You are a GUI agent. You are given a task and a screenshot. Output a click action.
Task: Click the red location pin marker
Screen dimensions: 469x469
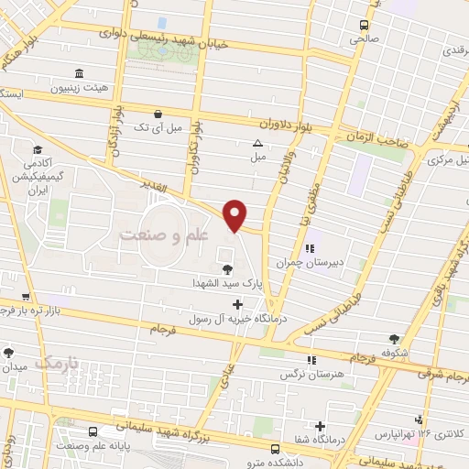click(x=236, y=214)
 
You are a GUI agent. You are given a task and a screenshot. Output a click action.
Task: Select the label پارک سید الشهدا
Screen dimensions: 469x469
click(x=226, y=284)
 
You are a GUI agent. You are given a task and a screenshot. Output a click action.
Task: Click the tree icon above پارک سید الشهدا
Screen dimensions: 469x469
click(x=226, y=268)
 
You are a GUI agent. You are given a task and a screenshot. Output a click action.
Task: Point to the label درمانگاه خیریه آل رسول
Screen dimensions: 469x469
click(x=238, y=318)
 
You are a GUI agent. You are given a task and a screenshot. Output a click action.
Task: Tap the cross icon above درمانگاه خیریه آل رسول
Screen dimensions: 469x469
click(x=238, y=304)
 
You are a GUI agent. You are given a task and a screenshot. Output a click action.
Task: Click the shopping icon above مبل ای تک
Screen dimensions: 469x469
click(x=158, y=115)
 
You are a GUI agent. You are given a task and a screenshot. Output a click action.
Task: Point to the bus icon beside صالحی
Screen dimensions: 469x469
click(x=364, y=25)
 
